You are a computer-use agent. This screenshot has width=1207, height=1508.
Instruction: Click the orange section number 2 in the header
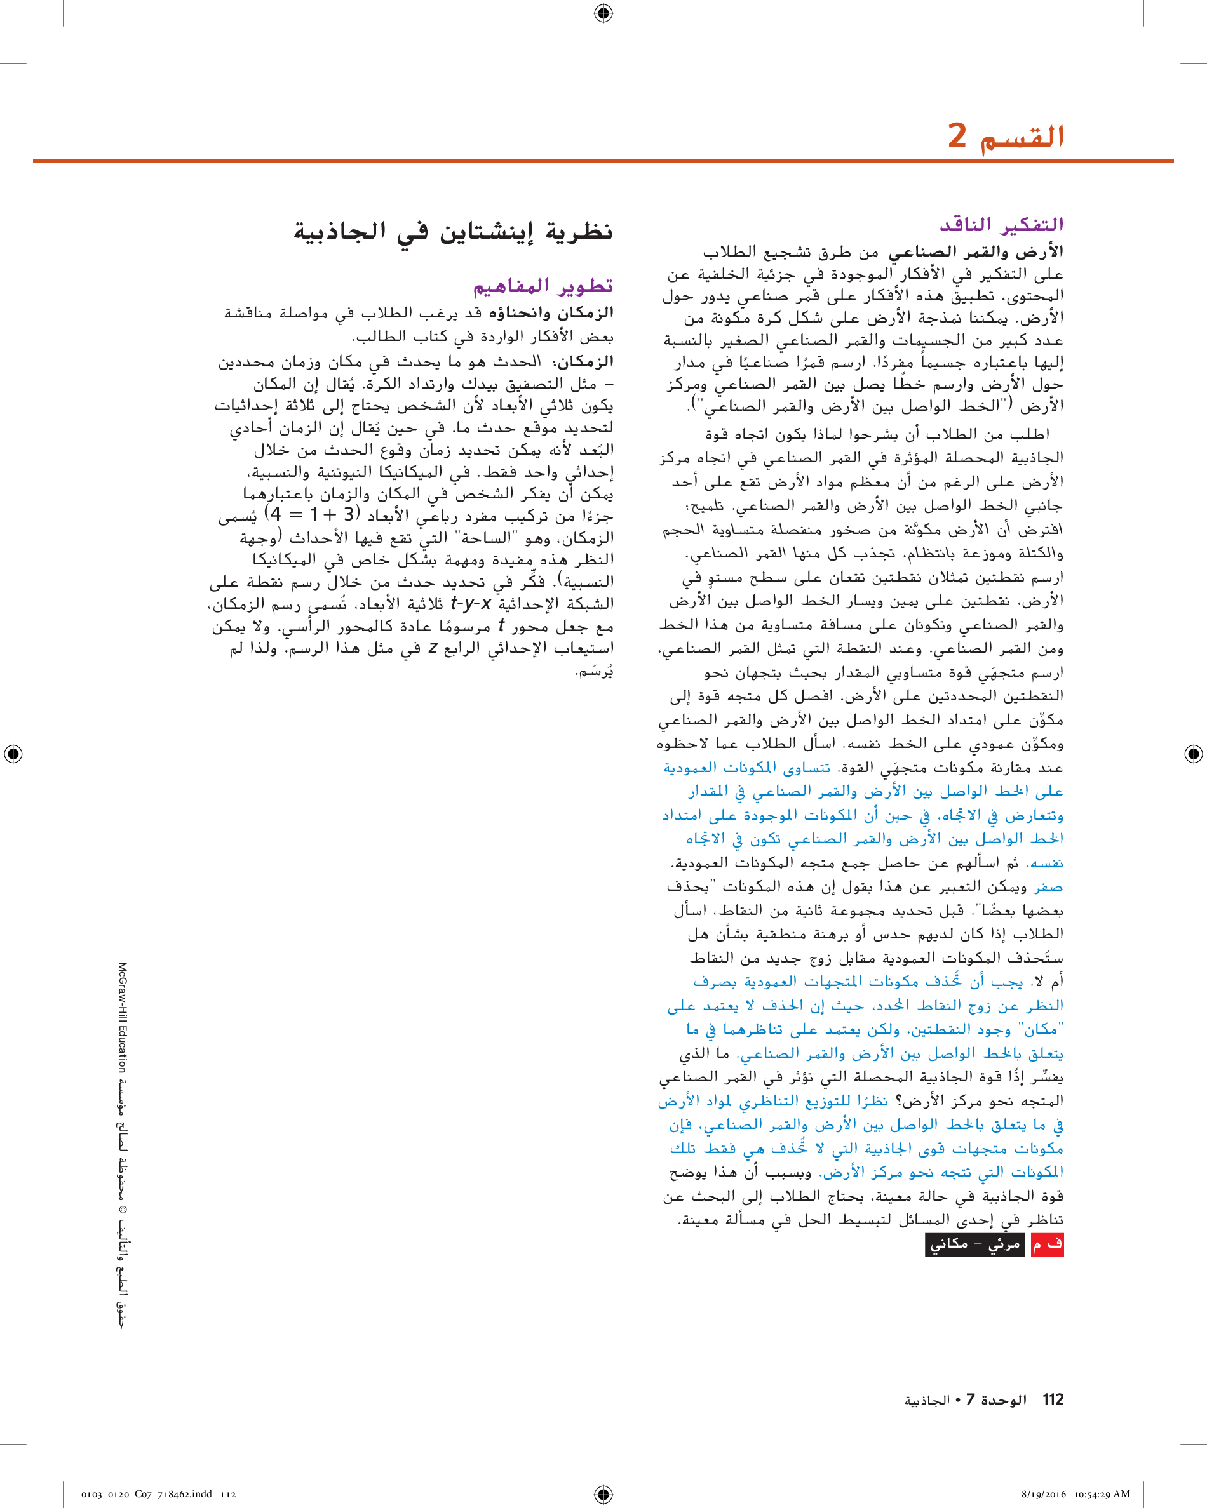click(x=957, y=135)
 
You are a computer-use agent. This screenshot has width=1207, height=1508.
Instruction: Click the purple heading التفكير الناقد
click(x=1001, y=225)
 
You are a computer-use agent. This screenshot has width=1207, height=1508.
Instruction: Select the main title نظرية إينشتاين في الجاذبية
click(x=453, y=231)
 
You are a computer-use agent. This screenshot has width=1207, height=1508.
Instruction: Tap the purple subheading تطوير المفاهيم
click(x=543, y=286)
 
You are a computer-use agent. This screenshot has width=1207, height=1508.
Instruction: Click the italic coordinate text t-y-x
click(x=470, y=603)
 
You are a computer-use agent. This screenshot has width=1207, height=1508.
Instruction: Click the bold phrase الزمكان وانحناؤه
click(x=551, y=312)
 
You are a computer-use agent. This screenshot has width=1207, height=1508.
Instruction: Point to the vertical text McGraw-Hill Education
click(x=123, y=1017)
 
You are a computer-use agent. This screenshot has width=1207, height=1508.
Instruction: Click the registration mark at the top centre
click(x=603, y=13)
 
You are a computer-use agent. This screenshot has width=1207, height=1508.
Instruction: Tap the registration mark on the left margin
click(x=13, y=754)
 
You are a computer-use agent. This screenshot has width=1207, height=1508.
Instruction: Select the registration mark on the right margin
click(x=1193, y=754)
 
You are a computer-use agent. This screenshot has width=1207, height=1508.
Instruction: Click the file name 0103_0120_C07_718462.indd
click(x=146, y=1494)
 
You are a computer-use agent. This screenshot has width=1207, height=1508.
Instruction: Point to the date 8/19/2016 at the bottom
click(x=1044, y=1494)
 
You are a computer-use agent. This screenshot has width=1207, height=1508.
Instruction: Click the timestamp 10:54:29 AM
click(x=1102, y=1494)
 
